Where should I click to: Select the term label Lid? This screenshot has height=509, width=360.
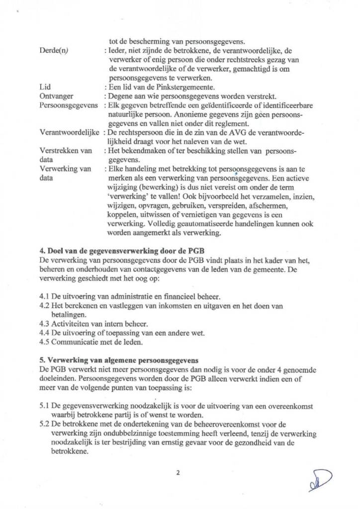click(44, 86)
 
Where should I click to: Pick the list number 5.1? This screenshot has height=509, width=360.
click(44, 406)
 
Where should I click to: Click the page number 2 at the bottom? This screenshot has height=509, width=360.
click(178, 473)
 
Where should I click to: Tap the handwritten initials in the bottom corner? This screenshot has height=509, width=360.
click(318, 481)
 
